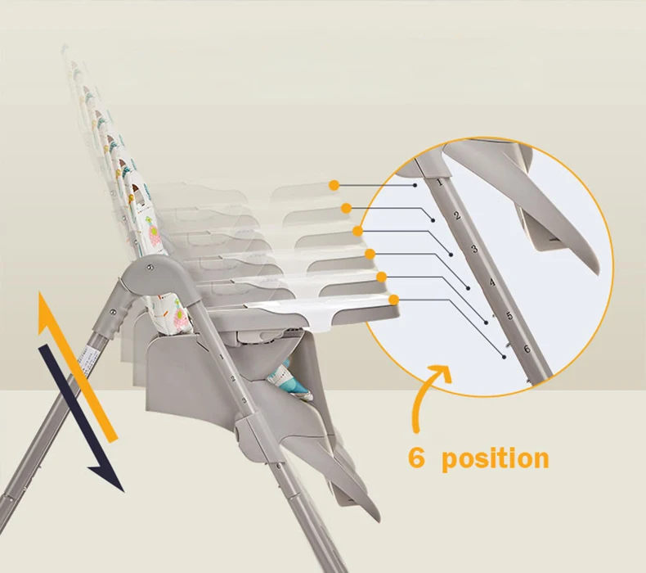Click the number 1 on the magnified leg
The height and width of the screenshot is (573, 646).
pyautogui.click(x=442, y=183)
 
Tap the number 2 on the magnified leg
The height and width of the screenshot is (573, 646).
pyautogui.click(x=457, y=216)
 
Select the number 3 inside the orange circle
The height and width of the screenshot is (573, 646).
pyautogui.click(x=473, y=247)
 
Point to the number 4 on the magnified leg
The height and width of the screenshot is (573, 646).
pyautogui.click(x=491, y=283)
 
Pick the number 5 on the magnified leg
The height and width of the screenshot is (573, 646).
pyautogui.click(x=509, y=316)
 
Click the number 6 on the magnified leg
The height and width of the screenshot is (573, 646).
pyautogui.click(x=526, y=350)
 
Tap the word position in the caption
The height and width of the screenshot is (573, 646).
pyautogui.click(x=495, y=458)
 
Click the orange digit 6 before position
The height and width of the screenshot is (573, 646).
pyautogui.click(x=417, y=458)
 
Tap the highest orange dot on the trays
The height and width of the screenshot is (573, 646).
pyautogui.click(x=334, y=185)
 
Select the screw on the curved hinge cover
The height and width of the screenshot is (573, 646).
pyautogui.click(x=150, y=267)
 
